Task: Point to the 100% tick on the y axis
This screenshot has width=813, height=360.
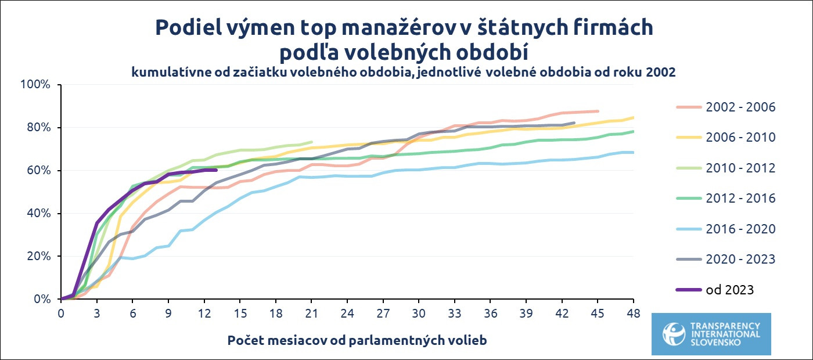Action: (x=36, y=85)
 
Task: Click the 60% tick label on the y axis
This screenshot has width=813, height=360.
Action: (x=39, y=171)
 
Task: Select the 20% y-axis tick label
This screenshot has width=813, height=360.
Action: (x=39, y=257)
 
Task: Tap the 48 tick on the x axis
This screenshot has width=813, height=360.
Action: (x=633, y=314)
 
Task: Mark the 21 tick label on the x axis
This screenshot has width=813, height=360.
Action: (x=311, y=314)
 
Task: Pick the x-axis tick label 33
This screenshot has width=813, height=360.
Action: (x=455, y=314)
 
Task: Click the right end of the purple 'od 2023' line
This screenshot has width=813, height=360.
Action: (x=216, y=170)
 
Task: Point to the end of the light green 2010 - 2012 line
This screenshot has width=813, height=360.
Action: (x=312, y=142)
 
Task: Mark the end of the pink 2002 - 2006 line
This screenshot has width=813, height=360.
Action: (x=598, y=111)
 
